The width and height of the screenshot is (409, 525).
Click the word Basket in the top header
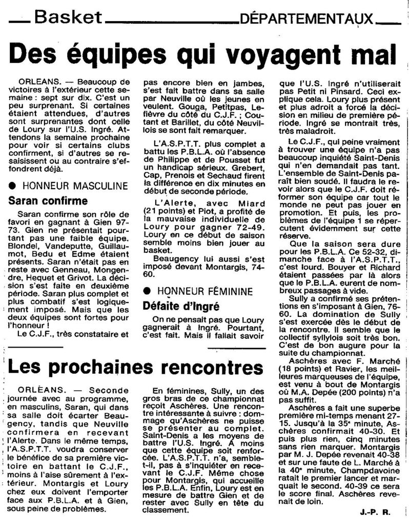point(67,18)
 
